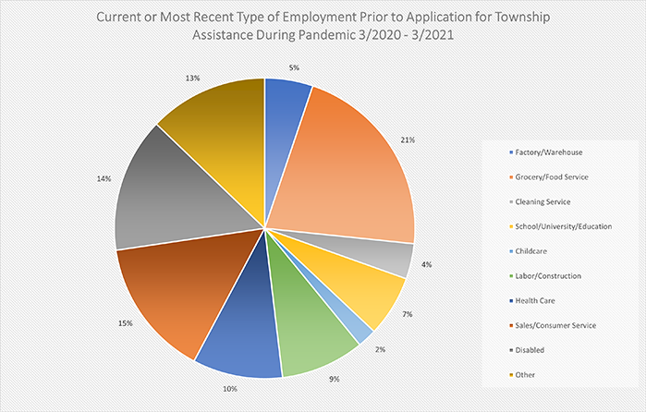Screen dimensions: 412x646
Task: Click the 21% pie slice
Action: (347, 171)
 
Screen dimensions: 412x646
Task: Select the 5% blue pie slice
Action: (286, 115)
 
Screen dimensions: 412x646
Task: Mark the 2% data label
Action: (381, 349)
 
